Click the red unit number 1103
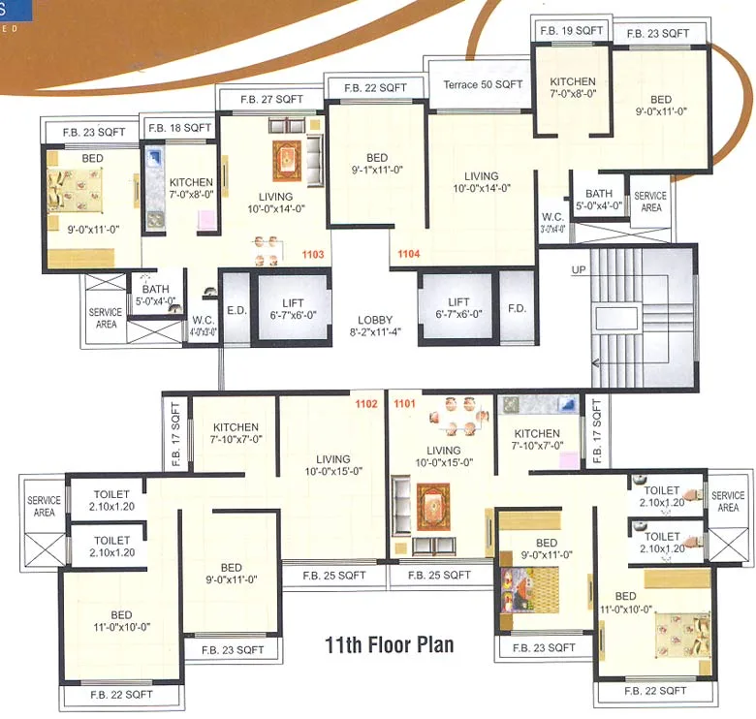(312, 256)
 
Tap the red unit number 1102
(365, 404)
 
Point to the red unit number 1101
(404, 404)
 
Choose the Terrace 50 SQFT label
(482, 84)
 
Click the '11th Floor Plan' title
(388, 643)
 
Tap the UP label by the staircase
(579, 269)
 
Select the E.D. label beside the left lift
(236, 310)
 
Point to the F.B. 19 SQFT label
(571, 30)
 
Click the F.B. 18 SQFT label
(178, 127)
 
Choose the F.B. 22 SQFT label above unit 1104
(374, 87)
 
